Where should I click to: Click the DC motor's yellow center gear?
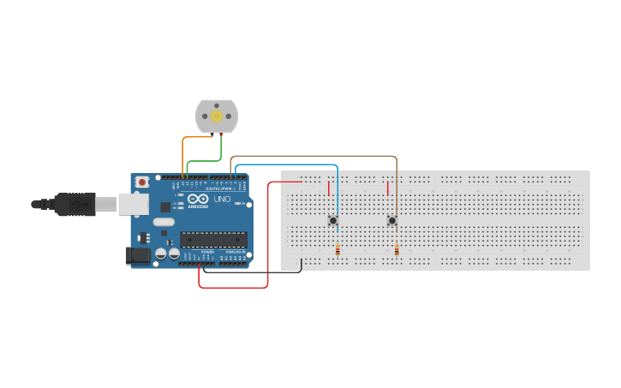tap(217, 116)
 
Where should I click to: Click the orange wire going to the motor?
tap(182, 150)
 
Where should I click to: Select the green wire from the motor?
tap(206, 160)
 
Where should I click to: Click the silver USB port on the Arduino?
tap(131, 204)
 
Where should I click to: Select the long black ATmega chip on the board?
tap(213, 240)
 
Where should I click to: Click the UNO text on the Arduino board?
tap(222, 199)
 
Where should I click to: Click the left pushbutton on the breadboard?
tap(333, 220)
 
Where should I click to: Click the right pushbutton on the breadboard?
tap(392, 220)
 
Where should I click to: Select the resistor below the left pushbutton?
tap(337, 251)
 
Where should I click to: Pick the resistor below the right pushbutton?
tap(397, 251)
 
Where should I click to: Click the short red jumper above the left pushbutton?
tap(328, 188)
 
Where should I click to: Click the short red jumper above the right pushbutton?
tap(387, 188)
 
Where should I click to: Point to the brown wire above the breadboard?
tap(317, 157)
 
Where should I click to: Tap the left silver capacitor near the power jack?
tap(160, 254)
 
